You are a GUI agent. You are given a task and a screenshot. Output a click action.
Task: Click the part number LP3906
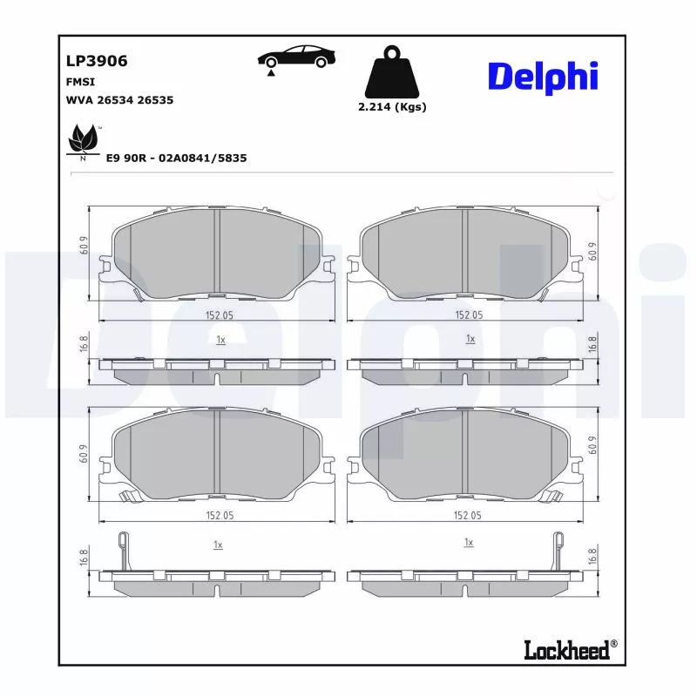tap(97, 61)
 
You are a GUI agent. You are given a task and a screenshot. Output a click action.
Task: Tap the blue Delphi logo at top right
tap(542, 77)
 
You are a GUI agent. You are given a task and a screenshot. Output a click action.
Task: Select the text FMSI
tap(80, 81)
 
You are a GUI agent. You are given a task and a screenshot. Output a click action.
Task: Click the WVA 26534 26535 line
tap(119, 100)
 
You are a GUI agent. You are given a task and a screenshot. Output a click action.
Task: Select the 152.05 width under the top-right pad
tap(469, 315)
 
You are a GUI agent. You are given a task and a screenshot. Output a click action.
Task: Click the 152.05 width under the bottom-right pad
tap(469, 516)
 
